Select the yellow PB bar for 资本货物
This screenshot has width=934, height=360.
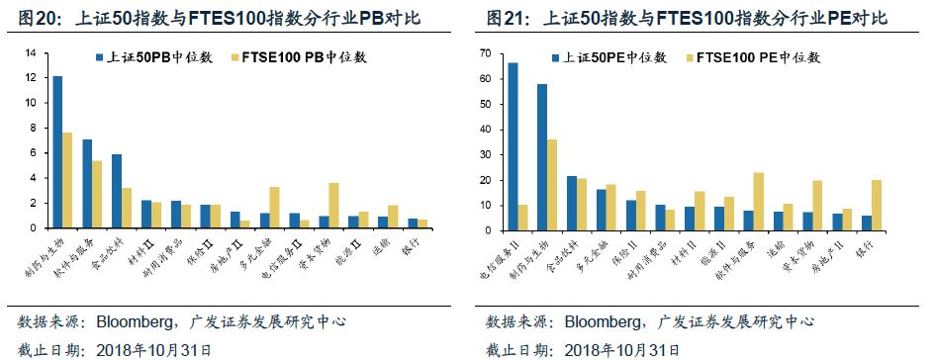pos(333,205)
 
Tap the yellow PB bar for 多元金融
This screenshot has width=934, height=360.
pos(274,207)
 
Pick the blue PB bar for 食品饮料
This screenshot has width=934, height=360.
pos(117,190)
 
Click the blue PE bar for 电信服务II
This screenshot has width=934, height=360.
pos(513,146)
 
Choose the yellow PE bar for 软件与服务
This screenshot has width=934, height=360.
pos(758,202)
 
